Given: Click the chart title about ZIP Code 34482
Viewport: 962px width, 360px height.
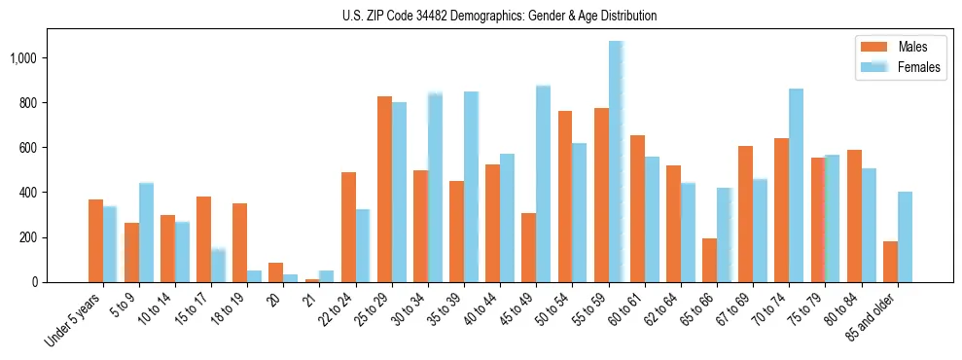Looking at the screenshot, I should click(x=499, y=16).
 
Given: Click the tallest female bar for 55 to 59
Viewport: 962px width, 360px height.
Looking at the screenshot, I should click(x=616, y=162).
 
